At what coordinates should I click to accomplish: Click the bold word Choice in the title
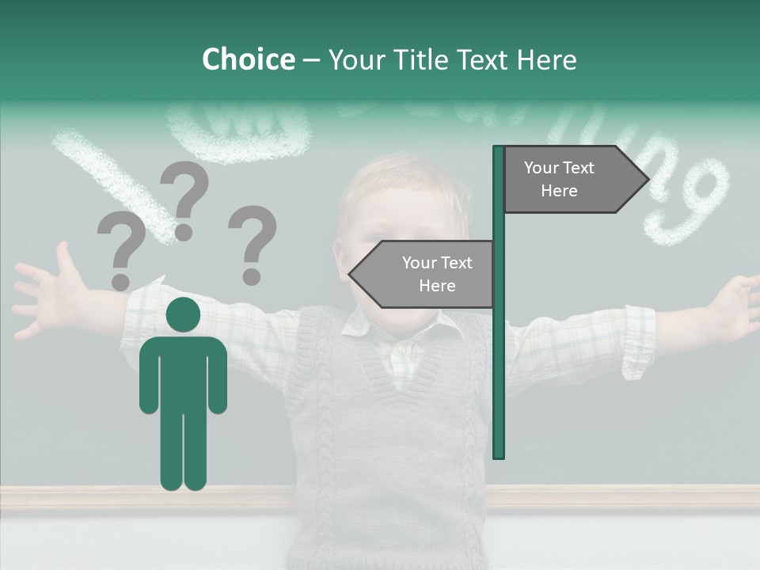point(248,59)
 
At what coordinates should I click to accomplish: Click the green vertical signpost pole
point(499,356)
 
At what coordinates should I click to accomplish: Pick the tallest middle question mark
point(184,198)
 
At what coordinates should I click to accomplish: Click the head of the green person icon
point(183,315)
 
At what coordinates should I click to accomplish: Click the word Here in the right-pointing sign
point(559,191)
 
